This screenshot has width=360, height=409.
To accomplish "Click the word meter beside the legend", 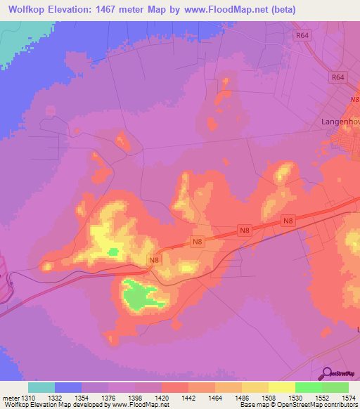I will [x=12, y=397].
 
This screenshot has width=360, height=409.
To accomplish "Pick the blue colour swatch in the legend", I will [x=68, y=387].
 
